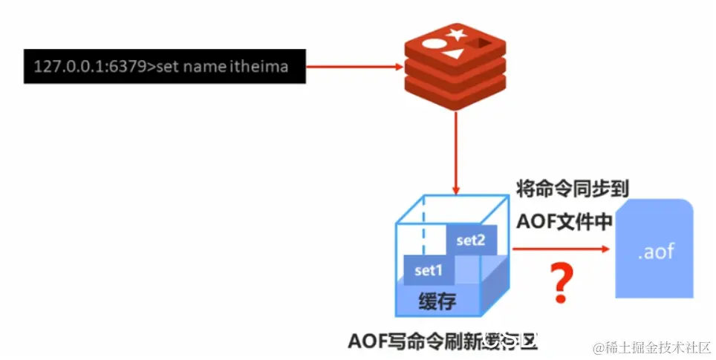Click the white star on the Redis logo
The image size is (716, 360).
point(457,33)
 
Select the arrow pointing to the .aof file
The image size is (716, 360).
point(558,250)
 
